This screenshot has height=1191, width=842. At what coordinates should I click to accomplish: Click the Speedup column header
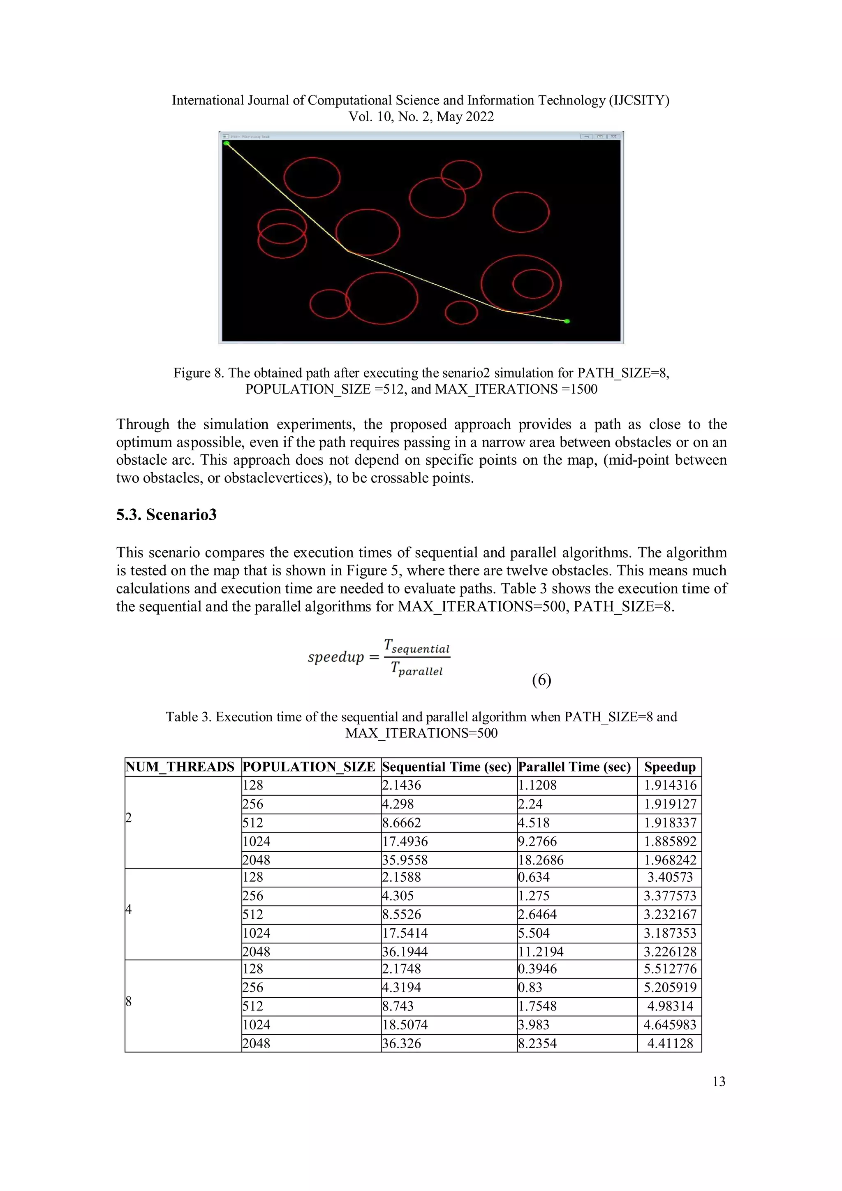pyautogui.click(x=669, y=767)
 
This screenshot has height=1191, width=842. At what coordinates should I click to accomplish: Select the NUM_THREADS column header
pyautogui.click(x=180, y=767)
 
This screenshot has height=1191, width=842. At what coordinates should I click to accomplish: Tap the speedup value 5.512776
pyautogui.click(x=670, y=969)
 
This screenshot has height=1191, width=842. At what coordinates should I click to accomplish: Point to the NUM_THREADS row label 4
pyautogui.click(x=129, y=909)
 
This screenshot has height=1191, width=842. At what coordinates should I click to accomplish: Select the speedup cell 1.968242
pyautogui.click(x=670, y=860)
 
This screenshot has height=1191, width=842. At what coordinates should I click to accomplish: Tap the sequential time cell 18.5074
pyautogui.click(x=405, y=1024)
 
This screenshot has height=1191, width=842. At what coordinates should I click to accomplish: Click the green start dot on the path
pyautogui.click(x=226, y=143)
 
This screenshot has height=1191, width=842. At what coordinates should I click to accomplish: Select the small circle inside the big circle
pyautogui.click(x=532, y=284)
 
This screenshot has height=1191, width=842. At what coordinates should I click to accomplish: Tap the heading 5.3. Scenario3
pyautogui.click(x=166, y=514)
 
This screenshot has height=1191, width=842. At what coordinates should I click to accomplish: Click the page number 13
pyautogui.click(x=719, y=1082)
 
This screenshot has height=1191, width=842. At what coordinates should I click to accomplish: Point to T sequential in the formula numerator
pyautogui.click(x=417, y=646)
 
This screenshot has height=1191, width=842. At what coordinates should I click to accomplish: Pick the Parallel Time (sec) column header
pyautogui.click(x=574, y=767)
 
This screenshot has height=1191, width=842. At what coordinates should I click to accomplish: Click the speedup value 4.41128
pyautogui.click(x=670, y=1043)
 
